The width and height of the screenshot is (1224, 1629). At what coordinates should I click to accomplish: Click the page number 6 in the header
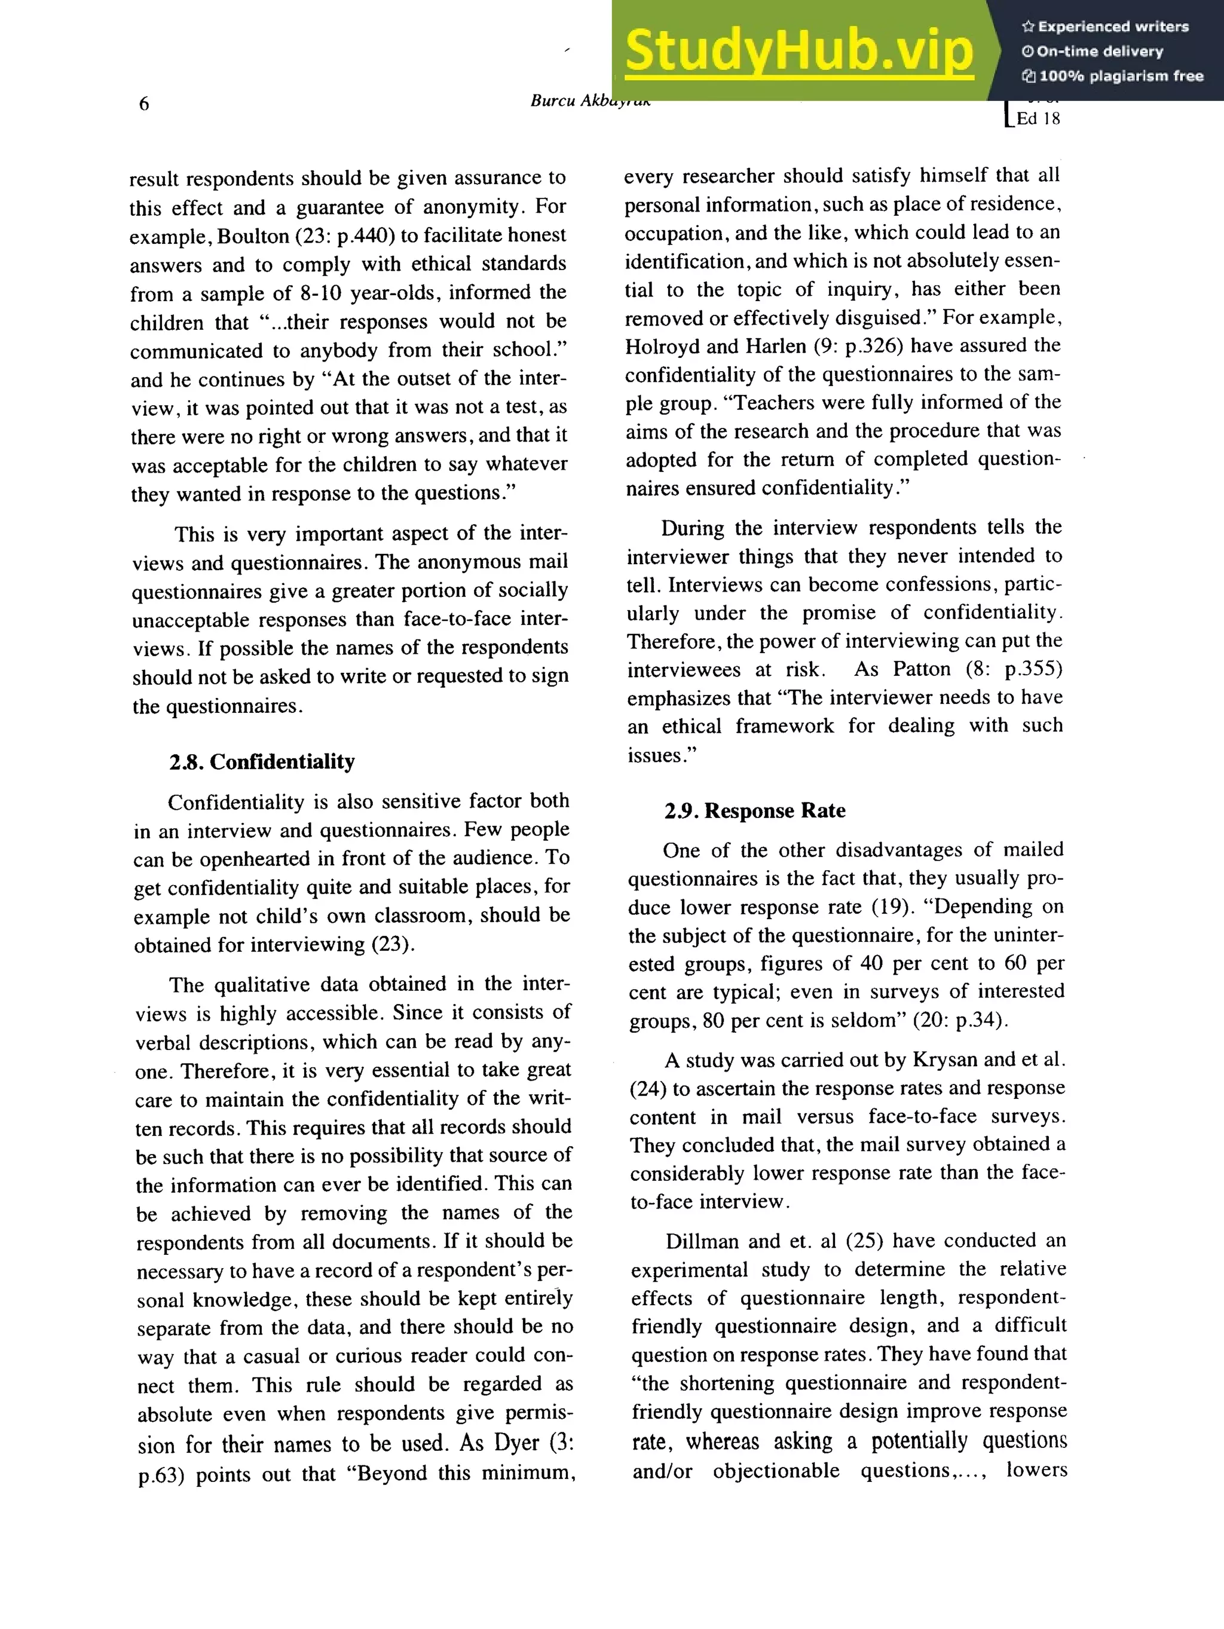[x=143, y=103]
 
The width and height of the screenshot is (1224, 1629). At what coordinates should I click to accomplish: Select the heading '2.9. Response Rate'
[x=754, y=811]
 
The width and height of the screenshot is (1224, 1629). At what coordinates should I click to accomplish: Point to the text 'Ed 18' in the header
[x=1038, y=118]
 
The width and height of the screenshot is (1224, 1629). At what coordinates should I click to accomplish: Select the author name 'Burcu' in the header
[x=553, y=101]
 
